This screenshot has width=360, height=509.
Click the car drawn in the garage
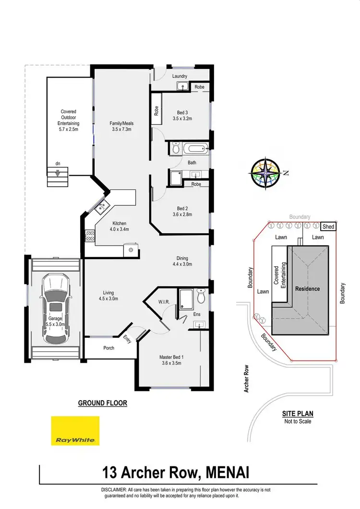pos(56,309)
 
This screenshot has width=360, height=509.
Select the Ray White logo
pos(75,431)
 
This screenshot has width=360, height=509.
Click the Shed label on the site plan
pos(328,227)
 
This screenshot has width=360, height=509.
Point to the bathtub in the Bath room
pos(196,149)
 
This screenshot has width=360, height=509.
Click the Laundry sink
pos(183,86)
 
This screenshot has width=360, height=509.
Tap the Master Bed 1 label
pos(174,356)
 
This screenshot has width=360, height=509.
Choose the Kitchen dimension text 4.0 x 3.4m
pos(119,229)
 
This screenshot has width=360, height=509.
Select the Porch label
pos(109,348)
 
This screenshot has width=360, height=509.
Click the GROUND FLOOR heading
pos(103,403)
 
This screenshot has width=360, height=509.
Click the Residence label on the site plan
pos(307,289)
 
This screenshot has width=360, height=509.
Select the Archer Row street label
pos(246,379)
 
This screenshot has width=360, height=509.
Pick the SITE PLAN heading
pos(298,414)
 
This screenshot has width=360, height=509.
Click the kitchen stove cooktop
pos(90,236)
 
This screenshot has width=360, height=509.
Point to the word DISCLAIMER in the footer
pos(114,490)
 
